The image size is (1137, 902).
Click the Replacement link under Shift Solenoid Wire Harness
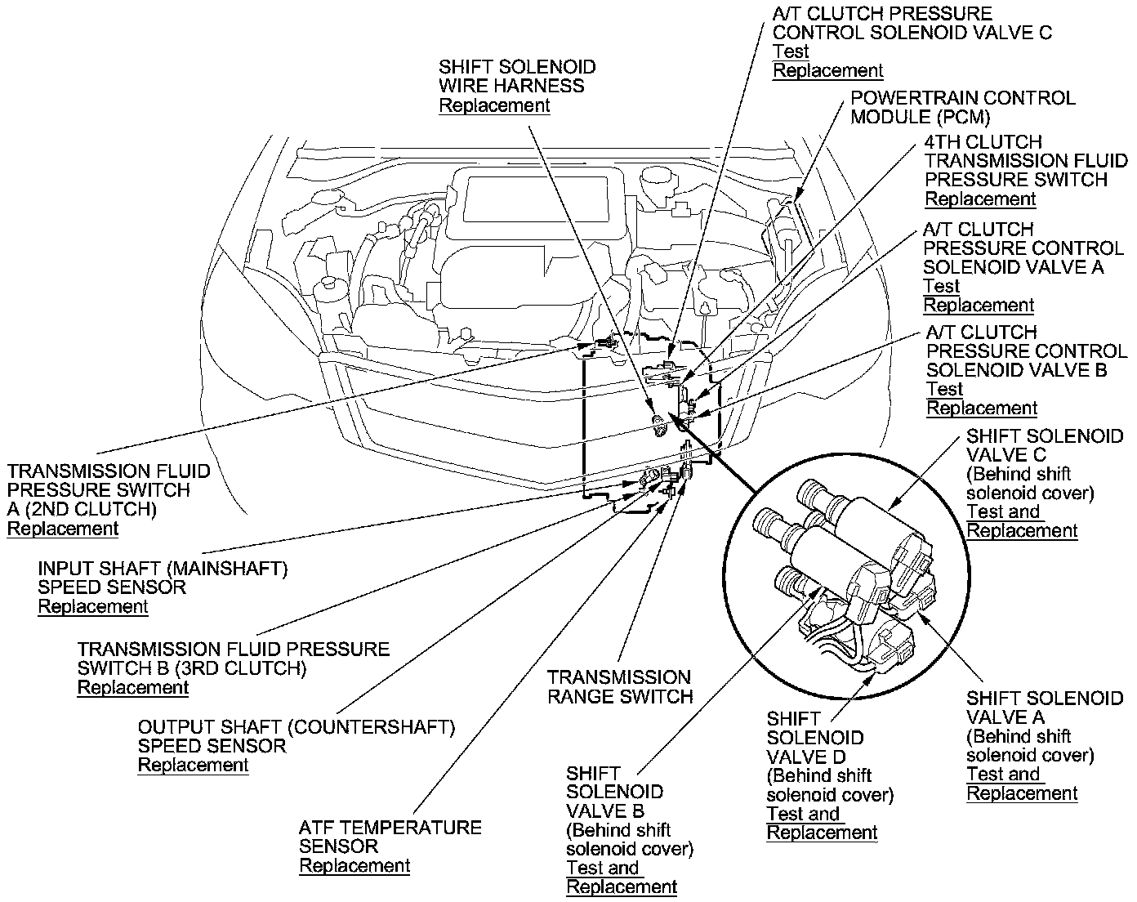coord(494,105)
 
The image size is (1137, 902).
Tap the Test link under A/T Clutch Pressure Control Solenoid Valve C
coord(791,51)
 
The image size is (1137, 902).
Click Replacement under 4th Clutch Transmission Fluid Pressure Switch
coord(980,199)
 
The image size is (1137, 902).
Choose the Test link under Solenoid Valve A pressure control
coord(941,286)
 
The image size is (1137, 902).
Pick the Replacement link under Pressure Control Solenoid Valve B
coord(982,408)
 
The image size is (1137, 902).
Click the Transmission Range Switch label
coord(619,687)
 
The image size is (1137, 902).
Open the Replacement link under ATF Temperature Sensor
coord(354,865)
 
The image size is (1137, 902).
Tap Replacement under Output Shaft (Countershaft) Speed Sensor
coord(193,765)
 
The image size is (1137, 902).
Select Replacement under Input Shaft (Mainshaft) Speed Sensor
coord(93,606)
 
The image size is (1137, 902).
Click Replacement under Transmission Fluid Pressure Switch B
coord(132,687)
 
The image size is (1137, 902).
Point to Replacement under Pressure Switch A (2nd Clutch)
coord(63,528)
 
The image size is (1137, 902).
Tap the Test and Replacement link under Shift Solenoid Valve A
coord(1022,784)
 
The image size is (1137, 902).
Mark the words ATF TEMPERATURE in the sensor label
coord(390,828)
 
